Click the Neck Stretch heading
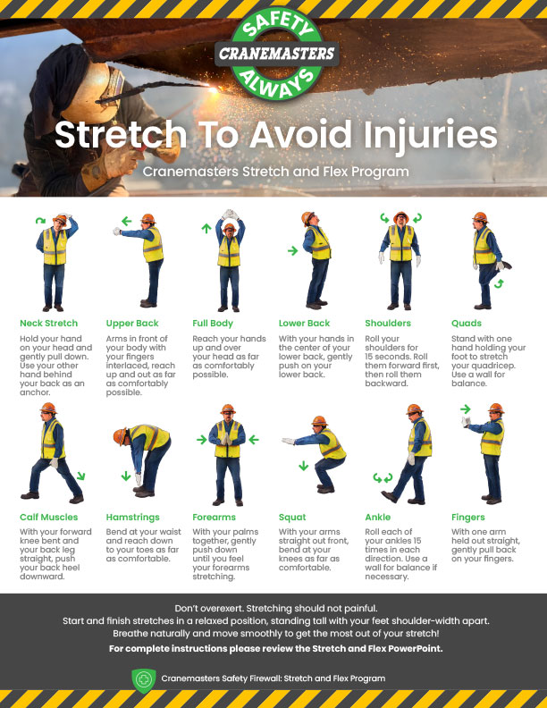pyautogui.click(x=49, y=324)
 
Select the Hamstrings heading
pyautogui.click(x=132, y=518)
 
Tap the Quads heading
pyautogui.click(x=467, y=324)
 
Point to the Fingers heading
pyautogui.click(x=468, y=518)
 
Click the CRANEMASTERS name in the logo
pyautogui.click(x=277, y=54)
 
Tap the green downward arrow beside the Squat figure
pyautogui.click(x=303, y=466)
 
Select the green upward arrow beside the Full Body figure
pyautogui.click(x=206, y=228)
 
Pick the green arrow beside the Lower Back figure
pyautogui.click(x=293, y=250)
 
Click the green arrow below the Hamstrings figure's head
pyautogui.click(x=126, y=476)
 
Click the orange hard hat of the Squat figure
pyautogui.click(x=319, y=421)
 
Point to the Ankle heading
pyautogui.click(x=378, y=518)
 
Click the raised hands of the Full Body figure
pyautogui.click(x=231, y=215)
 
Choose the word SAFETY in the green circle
pyautogui.click(x=277, y=26)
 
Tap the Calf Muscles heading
pyautogui.click(x=49, y=518)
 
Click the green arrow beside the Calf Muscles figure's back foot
pyautogui.click(x=80, y=476)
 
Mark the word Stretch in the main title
pyautogui.click(x=121, y=135)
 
